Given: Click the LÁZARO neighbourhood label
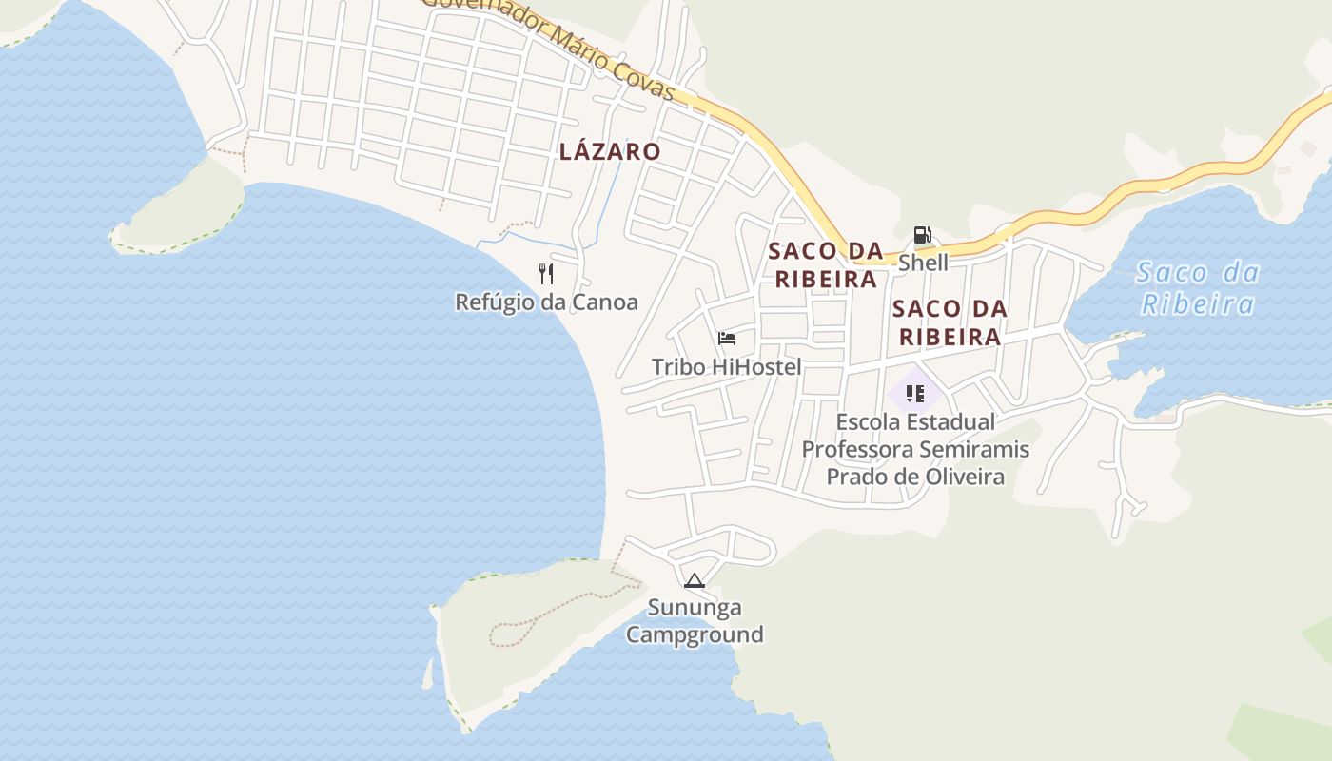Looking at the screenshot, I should pos(610,151).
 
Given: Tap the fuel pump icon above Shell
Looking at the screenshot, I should pos(922,235).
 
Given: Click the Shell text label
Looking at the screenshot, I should pos(923,263).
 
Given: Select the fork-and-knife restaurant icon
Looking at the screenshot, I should pos(546,274).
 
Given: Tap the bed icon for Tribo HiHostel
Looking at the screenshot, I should pos(727,339).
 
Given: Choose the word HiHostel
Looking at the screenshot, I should pos(756,367).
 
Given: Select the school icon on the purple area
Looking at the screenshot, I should pos(915,393).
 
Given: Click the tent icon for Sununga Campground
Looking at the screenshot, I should pos(695,580).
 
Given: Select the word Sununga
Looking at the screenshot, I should pos(695,607).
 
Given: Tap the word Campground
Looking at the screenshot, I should pos(695,634).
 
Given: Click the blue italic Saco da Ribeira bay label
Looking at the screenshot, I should pos(1198,288).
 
